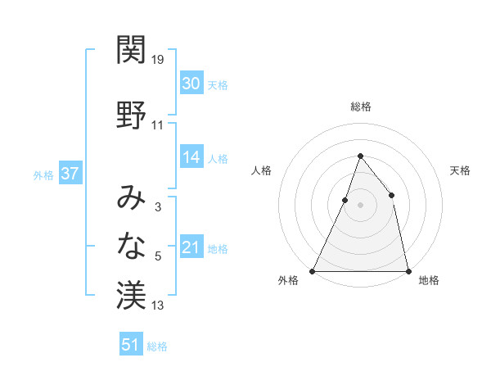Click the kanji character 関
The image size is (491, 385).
point(131,50)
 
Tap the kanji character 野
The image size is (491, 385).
point(131,114)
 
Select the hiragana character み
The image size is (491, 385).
point(131,197)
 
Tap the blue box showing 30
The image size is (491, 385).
point(191,83)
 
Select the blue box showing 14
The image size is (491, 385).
point(191,157)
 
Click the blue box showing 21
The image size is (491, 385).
point(191,247)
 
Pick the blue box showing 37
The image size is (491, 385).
point(70,174)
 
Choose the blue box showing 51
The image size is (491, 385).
point(131,345)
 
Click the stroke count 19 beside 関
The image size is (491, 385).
point(158,60)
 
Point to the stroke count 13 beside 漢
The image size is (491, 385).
point(158,306)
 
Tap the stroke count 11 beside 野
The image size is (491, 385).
point(158,125)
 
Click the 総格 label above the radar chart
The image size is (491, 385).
point(360,106)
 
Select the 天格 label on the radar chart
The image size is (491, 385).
point(460,170)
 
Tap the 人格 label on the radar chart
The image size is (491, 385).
point(261,170)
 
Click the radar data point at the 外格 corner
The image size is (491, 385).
point(313,270)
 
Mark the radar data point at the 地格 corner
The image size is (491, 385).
point(408,270)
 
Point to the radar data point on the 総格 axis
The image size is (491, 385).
point(360,156)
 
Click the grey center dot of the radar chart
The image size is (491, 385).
point(360,205)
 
